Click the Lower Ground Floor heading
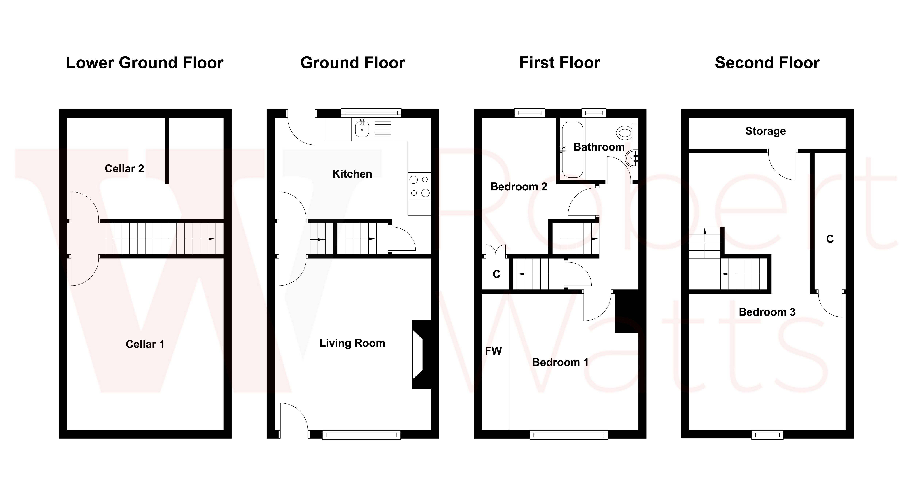[x=145, y=63]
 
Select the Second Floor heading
[x=767, y=63]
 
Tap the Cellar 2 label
[x=124, y=169]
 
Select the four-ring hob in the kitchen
[x=419, y=186]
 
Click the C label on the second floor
[x=830, y=239]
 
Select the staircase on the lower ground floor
[x=161, y=239]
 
